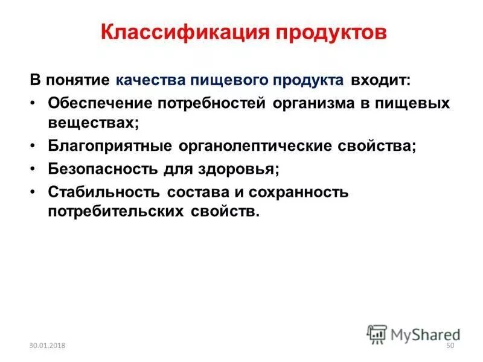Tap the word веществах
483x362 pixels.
click(94, 122)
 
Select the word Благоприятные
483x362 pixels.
click(109, 147)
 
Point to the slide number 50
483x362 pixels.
click(449, 345)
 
